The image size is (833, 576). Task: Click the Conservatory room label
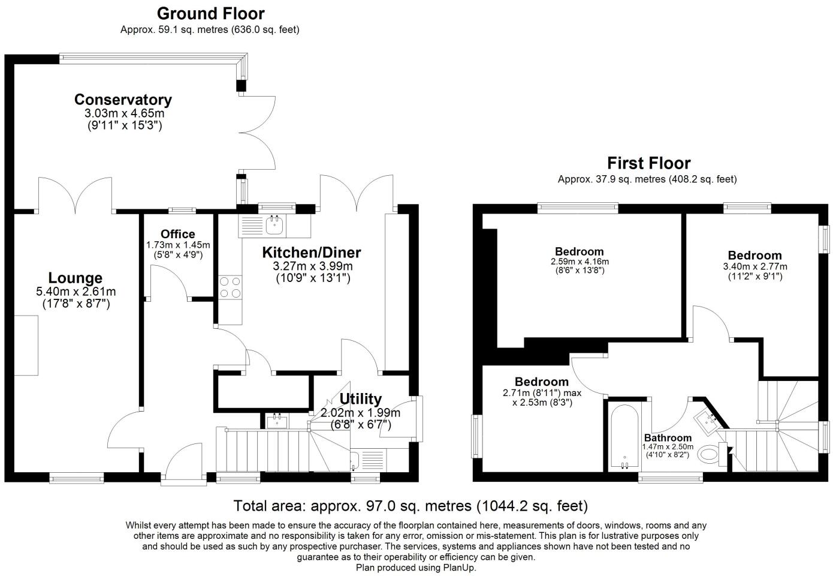pyautogui.click(x=123, y=100)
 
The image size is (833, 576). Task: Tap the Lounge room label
pyautogui.click(x=76, y=278)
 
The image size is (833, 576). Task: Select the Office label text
pyautogui.click(x=178, y=234)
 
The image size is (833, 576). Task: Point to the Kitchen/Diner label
pyautogui.click(x=312, y=253)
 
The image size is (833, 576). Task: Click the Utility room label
pyautogui.click(x=360, y=399)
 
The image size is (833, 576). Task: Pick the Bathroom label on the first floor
pyautogui.click(x=668, y=438)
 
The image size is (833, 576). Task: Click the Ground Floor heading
pyautogui.click(x=211, y=13)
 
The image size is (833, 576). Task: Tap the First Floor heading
pyautogui.click(x=649, y=163)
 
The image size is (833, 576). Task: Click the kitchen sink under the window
pyautogui.click(x=274, y=226)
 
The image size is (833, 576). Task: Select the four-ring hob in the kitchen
pyautogui.click(x=230, y=288)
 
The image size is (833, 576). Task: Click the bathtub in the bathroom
pyautogui.click(x=624, y=437)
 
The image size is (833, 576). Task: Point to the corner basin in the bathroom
pyautogui.click(x=707, y=422)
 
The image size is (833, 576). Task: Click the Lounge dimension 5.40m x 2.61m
pyautogui.click(x=76, y=291)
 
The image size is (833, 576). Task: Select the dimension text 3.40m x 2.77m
pyautogui.click(x=755, y=266)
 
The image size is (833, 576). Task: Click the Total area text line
pyautogui.click(x=411, y=506)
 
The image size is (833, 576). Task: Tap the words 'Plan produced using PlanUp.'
pyautogui.click(x=416, y=568)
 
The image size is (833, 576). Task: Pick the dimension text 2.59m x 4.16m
pyautogui.click(x=580, y=262)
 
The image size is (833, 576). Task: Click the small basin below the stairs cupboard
pyautogui.click(x=277, y=421)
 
